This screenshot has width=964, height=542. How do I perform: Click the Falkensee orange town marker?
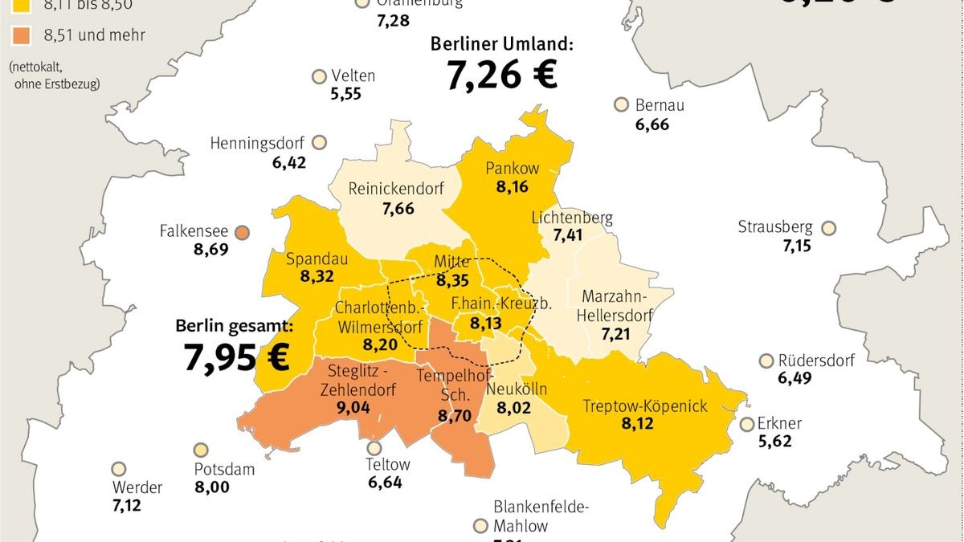pyautogui.click(x=243, y=232)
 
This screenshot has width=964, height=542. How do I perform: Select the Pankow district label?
pyautogui.click(x=512, y=169)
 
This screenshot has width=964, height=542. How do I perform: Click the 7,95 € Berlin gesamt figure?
pyautogui.click(x=237, y=357)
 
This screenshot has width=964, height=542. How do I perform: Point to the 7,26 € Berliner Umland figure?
pyautogui.click(x=501, y=75)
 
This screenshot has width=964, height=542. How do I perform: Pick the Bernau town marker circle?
pyautogui.click(x=621, y=104)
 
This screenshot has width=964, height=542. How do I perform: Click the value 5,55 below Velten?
pyautogui.click(x=345, y=94)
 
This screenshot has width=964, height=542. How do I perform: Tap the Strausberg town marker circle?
pyautogui.click(x=829, y=228)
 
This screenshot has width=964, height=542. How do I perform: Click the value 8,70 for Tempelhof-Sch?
pyautogui.click(x=454, y=416)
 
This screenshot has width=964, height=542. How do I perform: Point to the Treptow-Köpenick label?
pyautogui.click(x=645, y=405)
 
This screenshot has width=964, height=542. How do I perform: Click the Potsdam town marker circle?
pyautogui.click(x=201, y=450)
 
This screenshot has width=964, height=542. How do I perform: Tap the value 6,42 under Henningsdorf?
pyautogui.click(x=289, y=163)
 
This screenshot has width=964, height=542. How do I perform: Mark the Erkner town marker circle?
pyautogui.click(x=746, y=424)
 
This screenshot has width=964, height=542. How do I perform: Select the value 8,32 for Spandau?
pyautogui.click(x=317, y=276)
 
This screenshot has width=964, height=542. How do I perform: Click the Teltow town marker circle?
pyautogui.click(x=374, y=448)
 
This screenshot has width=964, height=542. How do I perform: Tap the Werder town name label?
pyautogui.click(x=137, y=487)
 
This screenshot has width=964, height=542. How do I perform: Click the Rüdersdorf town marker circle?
pyautogui.click(x=766, y=361)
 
